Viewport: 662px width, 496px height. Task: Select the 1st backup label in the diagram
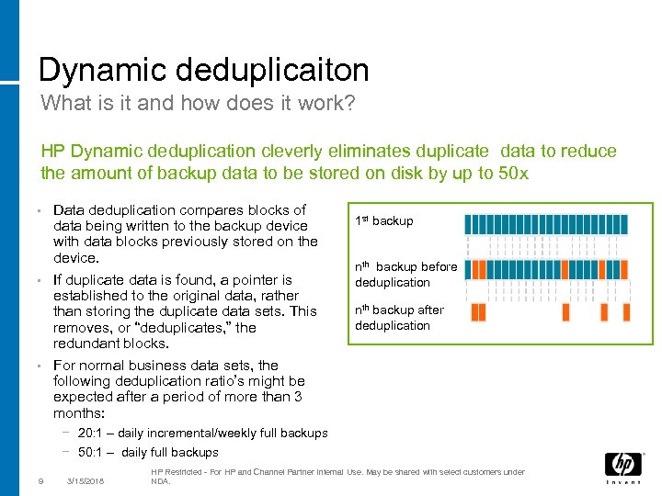point(383,220)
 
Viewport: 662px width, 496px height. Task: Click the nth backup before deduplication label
point(405,275)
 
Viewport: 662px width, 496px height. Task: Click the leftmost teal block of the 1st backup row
point(470,224)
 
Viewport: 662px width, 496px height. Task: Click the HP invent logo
point(622,468)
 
